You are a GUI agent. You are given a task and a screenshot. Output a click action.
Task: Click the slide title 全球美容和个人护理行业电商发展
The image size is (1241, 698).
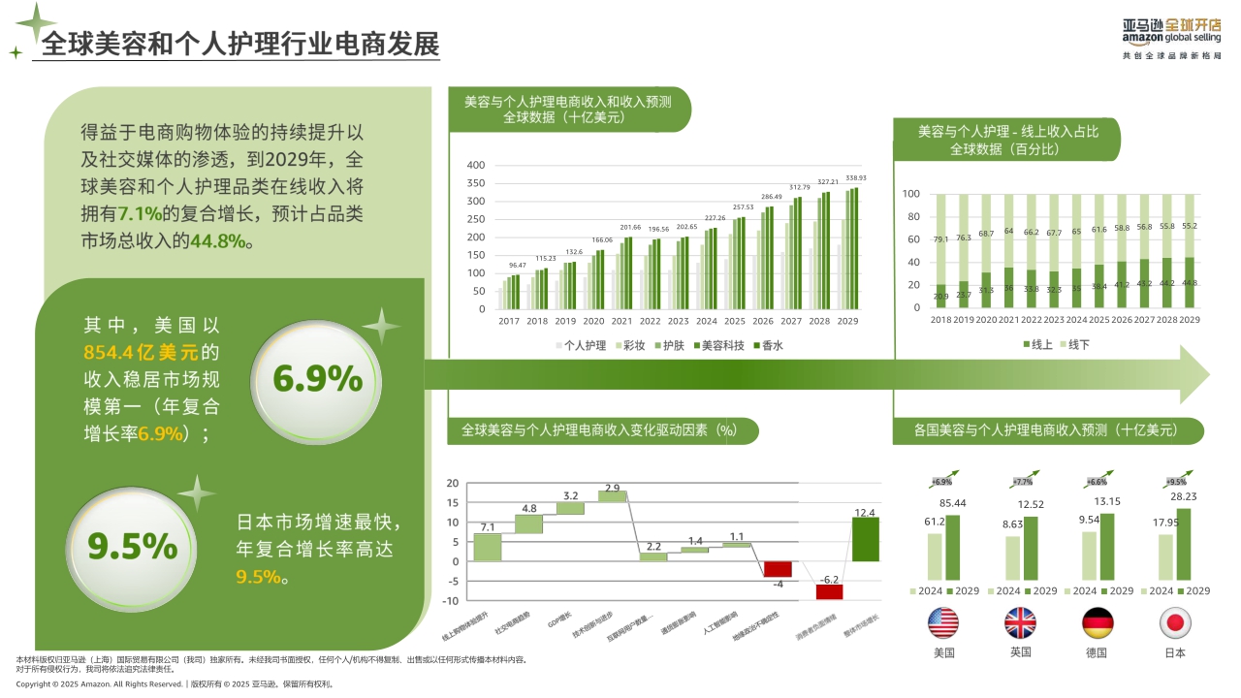point(239,44)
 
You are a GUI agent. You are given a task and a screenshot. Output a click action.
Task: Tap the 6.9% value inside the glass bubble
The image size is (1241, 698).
point(317,379)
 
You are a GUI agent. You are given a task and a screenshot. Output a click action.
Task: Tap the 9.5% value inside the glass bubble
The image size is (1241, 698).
point(133,547)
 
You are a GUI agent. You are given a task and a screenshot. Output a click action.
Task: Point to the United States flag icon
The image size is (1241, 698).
point(943,621)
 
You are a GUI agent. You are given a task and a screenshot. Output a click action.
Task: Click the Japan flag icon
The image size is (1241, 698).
point(1175,621)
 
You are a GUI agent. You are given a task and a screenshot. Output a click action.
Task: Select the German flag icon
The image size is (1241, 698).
point(1097,621)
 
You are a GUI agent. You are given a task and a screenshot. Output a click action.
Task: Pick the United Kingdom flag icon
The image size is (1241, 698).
point(1020,621)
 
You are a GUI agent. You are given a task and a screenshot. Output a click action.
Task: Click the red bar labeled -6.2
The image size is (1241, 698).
point(829,591)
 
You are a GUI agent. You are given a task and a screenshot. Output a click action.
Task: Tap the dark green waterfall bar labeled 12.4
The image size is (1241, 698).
point(865,539)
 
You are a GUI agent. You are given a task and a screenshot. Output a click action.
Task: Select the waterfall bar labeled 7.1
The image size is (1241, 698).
point(488,547)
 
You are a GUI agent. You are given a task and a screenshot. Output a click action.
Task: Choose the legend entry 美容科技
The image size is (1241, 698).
point(716,345)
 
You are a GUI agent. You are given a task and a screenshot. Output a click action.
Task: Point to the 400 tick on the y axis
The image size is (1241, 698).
point(475,165)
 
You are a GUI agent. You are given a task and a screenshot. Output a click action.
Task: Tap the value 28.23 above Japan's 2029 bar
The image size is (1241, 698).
point(1180,497)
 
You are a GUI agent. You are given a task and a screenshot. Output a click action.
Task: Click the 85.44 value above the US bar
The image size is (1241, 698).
point(952,503)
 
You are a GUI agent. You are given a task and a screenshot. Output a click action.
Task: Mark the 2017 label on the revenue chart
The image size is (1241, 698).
point(509,321)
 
